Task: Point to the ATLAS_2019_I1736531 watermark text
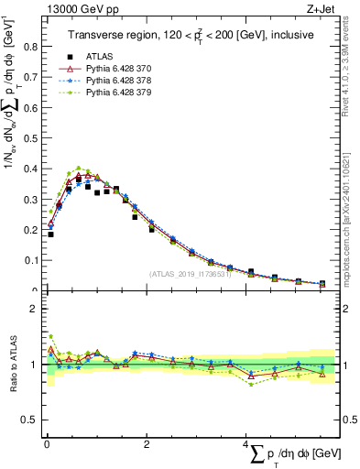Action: click(190, 274)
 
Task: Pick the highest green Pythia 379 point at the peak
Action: click(78, 169)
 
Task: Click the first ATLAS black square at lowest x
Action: click(50, 234)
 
